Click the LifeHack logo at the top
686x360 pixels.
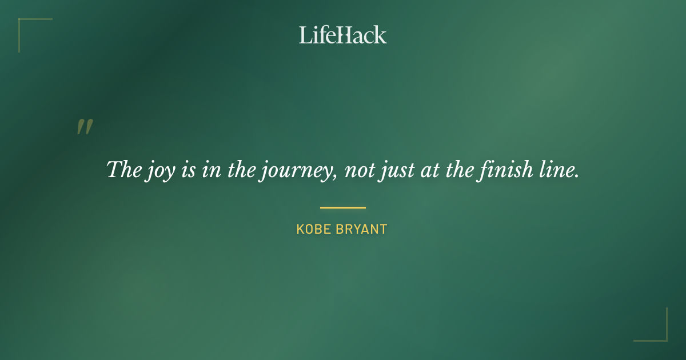click(342, 35)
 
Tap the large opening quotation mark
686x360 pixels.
click(85, 127)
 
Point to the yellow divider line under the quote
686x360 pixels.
click(342, 207)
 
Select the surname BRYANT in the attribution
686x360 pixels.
click(363, 230)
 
